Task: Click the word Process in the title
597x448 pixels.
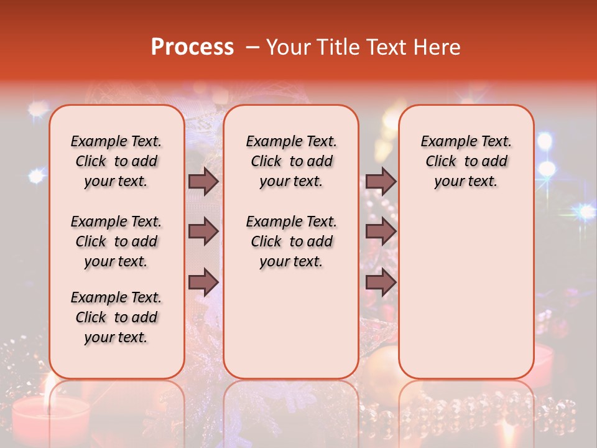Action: click(192, 47)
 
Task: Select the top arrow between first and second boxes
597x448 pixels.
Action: click(203, 181)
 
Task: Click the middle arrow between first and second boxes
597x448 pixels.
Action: click(203, 231)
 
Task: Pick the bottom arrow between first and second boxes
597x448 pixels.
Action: click(203, 282)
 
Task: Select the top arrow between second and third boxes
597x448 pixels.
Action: click(381, 181)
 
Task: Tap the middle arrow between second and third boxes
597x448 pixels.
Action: click(381, 231)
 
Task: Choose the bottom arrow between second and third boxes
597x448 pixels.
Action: click(381, 282)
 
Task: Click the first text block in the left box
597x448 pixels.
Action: click(116, 161)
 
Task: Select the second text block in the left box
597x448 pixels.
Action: click(116, 241)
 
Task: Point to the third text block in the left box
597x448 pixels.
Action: click(116, 317)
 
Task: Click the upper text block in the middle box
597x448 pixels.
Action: click(291, 161)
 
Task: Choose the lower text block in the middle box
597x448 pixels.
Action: click(291, 241)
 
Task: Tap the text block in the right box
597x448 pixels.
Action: click(466, 161)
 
